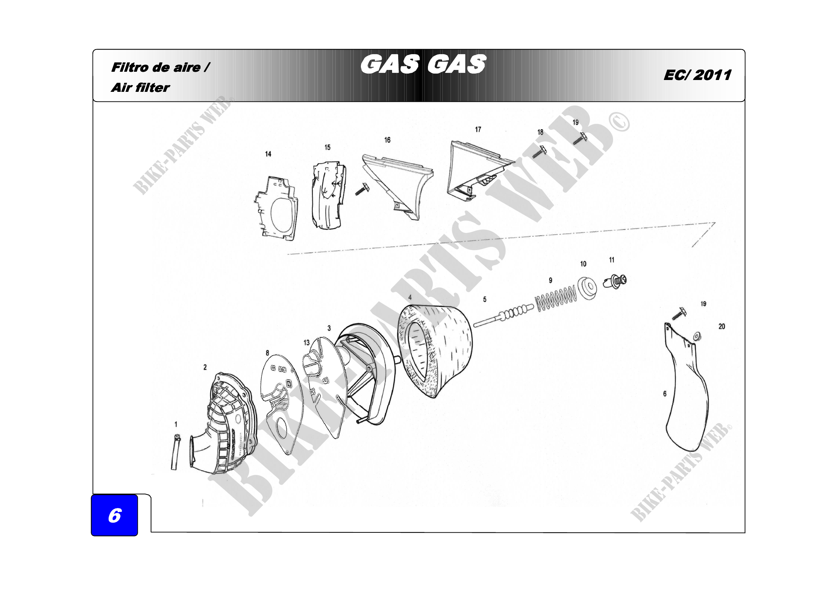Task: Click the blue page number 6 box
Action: [x=114, y=515]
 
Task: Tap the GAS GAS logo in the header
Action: [x=423, y=64]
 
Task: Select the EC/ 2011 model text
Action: [x=697, y=75]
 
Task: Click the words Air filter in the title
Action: [x=140, y=88]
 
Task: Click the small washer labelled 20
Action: [x=697, y=335]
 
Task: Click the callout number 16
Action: [x=387, y=140]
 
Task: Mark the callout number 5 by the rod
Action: [x=485, y=299]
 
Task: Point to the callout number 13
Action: [x=306, y=342]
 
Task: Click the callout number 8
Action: [x=268, y=353]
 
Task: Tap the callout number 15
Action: [x=327, y=147]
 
